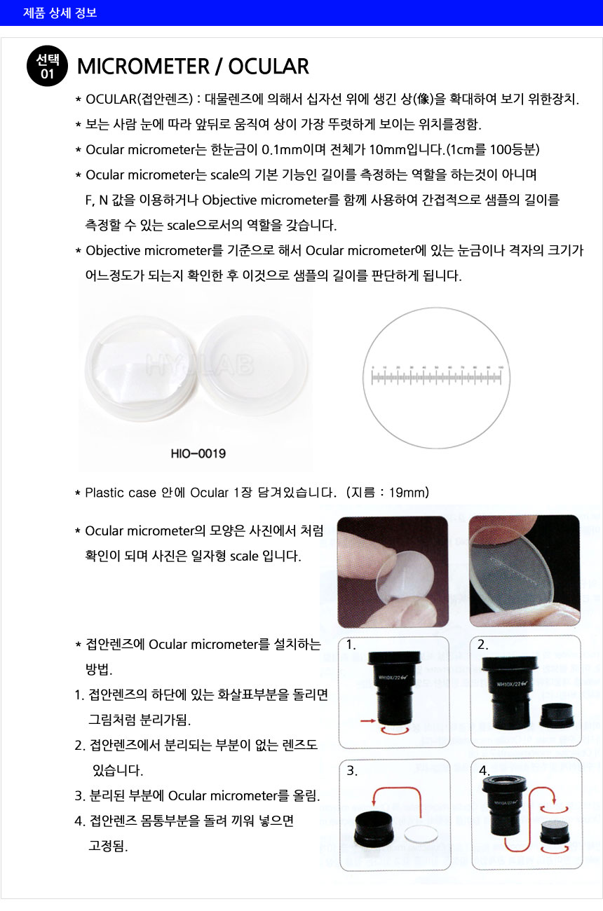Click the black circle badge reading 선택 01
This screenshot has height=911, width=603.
pos(47,66)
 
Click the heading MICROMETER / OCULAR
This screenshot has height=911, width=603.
pos(193,67)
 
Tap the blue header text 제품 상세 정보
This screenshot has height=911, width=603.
pos(60,13)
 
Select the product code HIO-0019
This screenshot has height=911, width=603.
pos(198,454)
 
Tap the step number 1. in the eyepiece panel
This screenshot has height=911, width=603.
pos(351,646)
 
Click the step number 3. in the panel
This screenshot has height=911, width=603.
pos(352,771)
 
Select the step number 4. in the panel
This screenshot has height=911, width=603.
pos(484,771)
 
